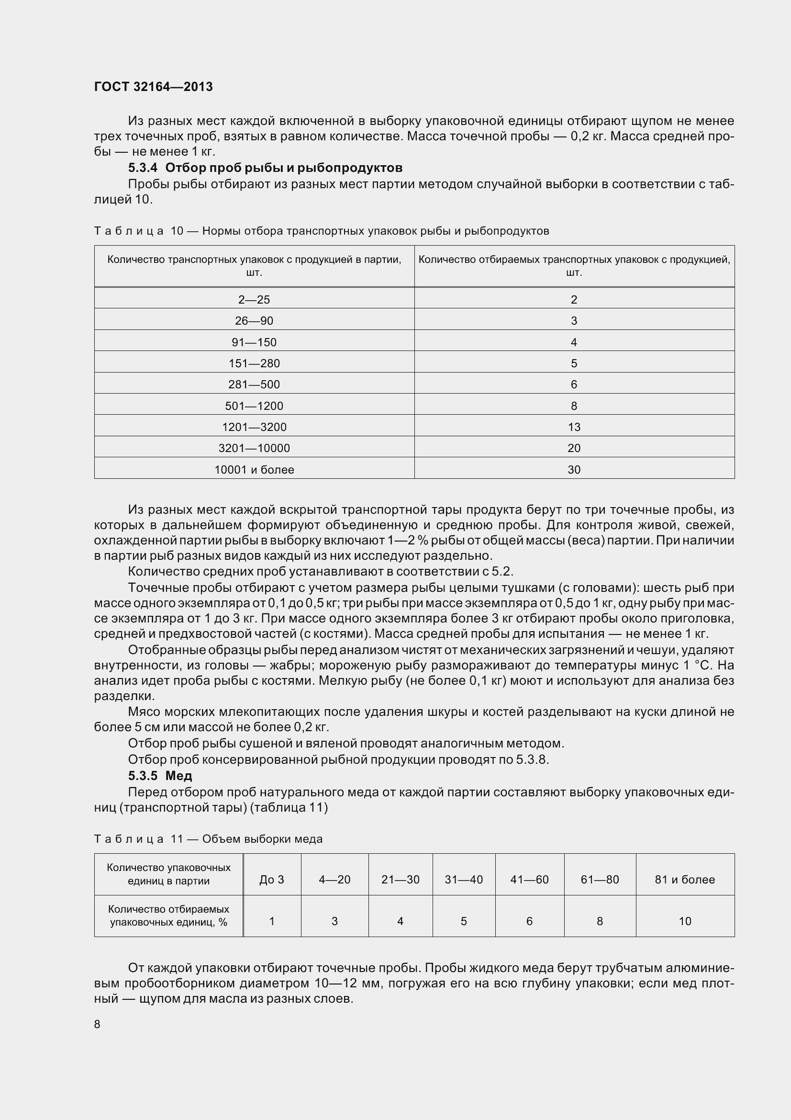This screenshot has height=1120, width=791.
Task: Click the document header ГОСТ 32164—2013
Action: coord(153,87)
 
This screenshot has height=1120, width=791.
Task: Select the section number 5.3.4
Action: coord(143,168)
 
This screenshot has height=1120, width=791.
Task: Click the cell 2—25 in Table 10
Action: coord(254,299)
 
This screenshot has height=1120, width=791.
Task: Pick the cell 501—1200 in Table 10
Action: coord(254,406)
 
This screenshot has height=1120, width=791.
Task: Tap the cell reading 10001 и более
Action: coord(254,470)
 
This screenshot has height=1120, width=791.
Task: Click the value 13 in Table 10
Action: coord(574,427)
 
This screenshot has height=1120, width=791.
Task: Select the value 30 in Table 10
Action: coord(574,470)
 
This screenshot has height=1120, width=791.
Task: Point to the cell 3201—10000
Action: coord(254,448)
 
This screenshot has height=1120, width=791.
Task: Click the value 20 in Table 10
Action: coord(574,448)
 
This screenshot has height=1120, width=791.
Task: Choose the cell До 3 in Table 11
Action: coord(272,880)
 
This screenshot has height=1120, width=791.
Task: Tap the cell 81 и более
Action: coord(685,880)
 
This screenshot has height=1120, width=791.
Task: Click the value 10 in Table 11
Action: coord(685,921)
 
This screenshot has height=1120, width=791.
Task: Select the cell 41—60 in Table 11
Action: coord(529,880)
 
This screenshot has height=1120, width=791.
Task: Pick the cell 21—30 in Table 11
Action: coord(400,880)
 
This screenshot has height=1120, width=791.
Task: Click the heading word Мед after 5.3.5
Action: coord(179,776)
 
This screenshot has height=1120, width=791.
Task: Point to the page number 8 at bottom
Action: coord(97,1024)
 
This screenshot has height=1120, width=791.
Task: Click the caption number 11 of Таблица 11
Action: coord(177,839)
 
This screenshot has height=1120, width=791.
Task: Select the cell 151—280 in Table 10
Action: coord(254,363)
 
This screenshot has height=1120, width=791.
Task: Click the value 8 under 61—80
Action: coord(600,921)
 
